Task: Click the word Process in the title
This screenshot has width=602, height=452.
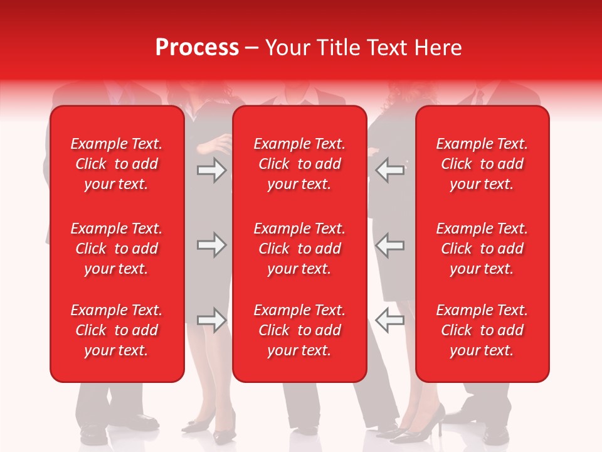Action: coord(197,48)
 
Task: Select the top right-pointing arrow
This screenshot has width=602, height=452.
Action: coord(211,169)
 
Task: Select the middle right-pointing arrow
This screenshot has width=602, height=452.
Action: coord(211,245)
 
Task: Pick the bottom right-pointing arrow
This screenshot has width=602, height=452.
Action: coord(211,320)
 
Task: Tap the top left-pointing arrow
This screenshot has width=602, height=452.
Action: coord(390,169)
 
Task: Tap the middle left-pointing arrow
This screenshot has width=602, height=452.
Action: coord(390,245)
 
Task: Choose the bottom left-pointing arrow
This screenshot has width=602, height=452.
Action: coord(390,320)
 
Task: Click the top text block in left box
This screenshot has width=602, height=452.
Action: coord(117,164)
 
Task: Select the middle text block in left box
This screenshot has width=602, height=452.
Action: coord(117,249)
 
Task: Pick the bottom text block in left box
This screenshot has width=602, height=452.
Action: coord(117,330)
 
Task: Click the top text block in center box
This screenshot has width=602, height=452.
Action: coord(300,164)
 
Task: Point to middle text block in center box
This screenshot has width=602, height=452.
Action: coord(300,249)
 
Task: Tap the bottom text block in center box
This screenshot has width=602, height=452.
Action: coord(300,330)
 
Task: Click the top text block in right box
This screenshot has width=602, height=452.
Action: coord(482,164)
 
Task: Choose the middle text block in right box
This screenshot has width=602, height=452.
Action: coord(482,249)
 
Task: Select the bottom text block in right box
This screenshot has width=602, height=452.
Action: coord(482,330)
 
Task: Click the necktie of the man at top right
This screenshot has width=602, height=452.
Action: coord(479,97)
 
